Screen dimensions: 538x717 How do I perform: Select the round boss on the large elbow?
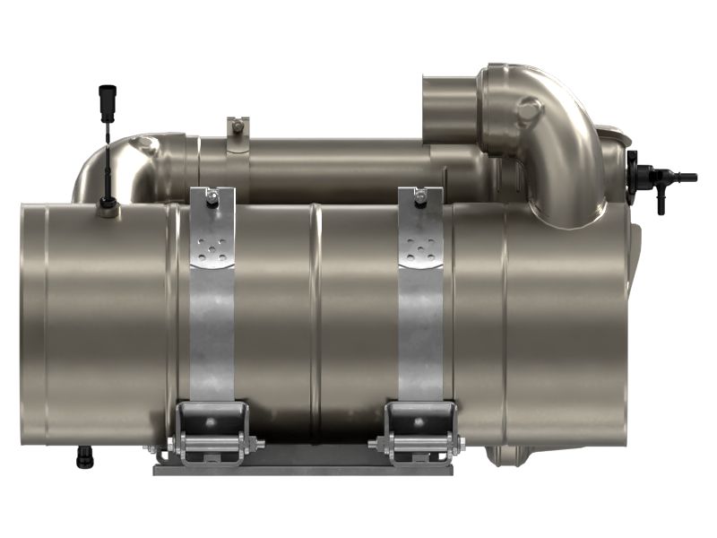(x=529, y=113)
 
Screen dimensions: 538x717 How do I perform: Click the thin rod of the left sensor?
(x=106, y=152)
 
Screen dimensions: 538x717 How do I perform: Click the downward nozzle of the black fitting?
(x=661, y=204)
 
